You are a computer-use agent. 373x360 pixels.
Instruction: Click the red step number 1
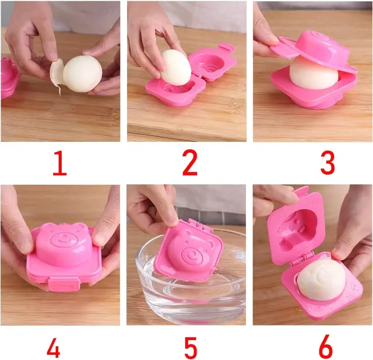[59, 163]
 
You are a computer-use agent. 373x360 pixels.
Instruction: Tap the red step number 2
[190, 163]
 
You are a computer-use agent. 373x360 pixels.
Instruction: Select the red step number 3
[328, 163]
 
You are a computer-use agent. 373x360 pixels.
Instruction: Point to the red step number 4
[54, 347]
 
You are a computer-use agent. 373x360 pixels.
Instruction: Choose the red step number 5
[191, 347]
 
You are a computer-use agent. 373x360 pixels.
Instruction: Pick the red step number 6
[325, 347]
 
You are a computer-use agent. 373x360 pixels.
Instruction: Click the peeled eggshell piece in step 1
[57, 74]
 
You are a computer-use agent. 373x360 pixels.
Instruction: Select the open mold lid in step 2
[212, 62]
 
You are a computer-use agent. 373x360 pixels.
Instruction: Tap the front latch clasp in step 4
[64, 285]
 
